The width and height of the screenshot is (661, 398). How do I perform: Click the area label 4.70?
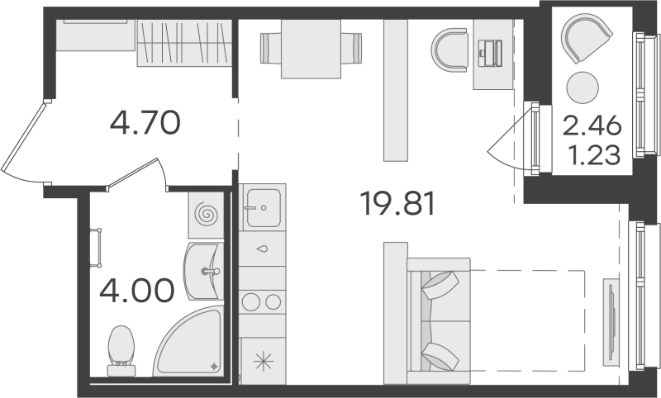[145, 125]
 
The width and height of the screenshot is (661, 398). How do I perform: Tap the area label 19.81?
[397, 201]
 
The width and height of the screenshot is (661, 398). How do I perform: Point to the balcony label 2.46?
[591, 128]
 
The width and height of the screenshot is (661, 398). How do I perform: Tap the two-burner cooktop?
[262, 303]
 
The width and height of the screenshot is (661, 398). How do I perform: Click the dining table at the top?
[310, 46]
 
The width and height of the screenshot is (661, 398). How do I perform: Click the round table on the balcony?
[583, 88]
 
